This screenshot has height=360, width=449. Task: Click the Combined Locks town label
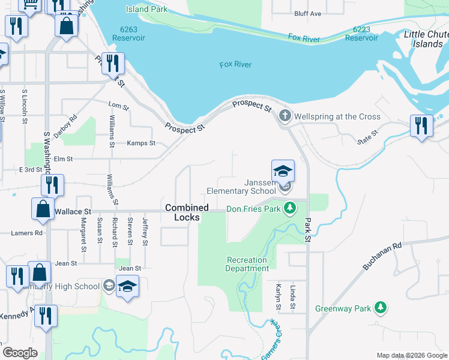pos(187,212)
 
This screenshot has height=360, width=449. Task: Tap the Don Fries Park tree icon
pos(291,209)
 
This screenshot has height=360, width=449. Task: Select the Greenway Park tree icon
pos(380,308)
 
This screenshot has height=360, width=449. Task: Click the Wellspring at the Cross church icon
pos(285,116)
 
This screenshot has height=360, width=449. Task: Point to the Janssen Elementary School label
pos(241,187)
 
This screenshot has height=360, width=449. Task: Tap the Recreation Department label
pos(247,265)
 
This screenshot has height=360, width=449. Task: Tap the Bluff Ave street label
pos(308,13)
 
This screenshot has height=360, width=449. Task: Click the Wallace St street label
pos(73,212)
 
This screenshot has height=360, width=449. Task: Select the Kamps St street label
pos(141,143)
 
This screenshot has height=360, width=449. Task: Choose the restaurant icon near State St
pos(422,126)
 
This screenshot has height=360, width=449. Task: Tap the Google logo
pos(20,353)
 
